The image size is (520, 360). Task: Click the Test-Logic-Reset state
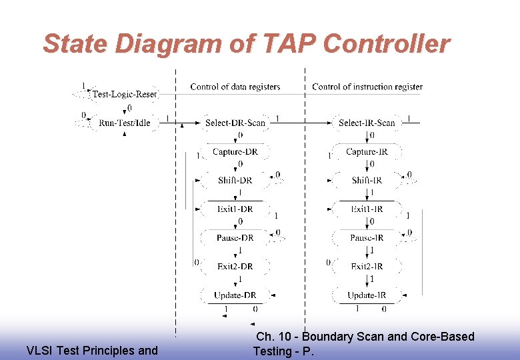click(x=125, y=94)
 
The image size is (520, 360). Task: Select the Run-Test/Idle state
click(x=125, y=123)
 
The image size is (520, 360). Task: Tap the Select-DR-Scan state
click(x=235, y=123)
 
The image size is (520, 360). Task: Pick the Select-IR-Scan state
click(x=367, y=123)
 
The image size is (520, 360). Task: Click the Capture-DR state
click(x=235, y=152)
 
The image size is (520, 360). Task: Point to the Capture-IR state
click(x=367, y=152)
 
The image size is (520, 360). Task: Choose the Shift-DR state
click(x=235, y=181)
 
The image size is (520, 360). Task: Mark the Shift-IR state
click(x=367, y=181)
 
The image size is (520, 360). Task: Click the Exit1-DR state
click(x=235, y=209)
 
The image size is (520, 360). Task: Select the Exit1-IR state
click(x=367, y=209)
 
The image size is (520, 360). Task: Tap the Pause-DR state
click(x=235, y=238)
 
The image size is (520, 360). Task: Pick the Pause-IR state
click(x=367, y=238)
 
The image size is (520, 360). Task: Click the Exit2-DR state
click(x=235, y=267)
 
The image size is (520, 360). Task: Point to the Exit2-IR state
click(x=367, y=267)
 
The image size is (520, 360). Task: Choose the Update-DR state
click(x=235, y=295)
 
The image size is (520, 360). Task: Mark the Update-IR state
click(x=367, y=295)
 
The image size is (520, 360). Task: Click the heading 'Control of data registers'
click(x=235, y=87)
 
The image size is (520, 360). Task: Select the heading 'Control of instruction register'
click(x=367, y=87)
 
